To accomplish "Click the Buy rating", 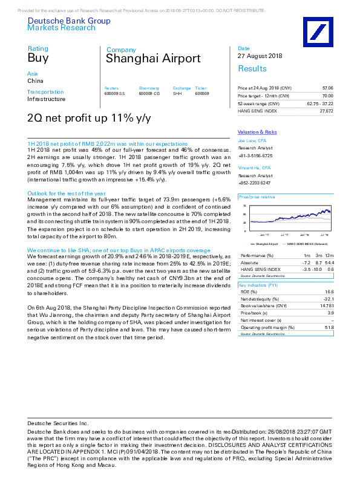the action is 34,59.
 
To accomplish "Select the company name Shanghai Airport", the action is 153,59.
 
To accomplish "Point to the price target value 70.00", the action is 327,96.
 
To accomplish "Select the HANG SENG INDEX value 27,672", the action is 326,111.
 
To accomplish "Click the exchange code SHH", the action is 177,93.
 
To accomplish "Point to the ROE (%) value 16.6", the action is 329,291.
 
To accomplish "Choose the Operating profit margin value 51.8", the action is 329,327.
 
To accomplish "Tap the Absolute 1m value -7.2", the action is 306,263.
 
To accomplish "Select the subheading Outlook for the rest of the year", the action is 63,177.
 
